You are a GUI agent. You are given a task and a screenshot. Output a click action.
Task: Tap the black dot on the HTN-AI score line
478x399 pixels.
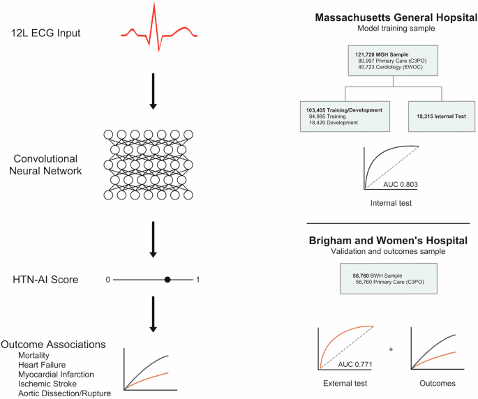[x=167, y=279]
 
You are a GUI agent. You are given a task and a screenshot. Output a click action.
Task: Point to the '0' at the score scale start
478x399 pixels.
[x=108, y=280]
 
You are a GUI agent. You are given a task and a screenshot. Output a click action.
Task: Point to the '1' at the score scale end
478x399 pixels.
[x=198, y=280]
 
